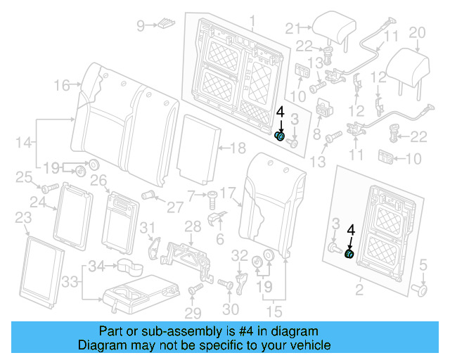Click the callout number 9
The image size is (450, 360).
point(140,26)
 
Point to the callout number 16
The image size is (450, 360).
point(61,85)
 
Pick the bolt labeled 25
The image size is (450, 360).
point(49,188)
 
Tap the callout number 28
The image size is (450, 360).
point(193,226)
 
